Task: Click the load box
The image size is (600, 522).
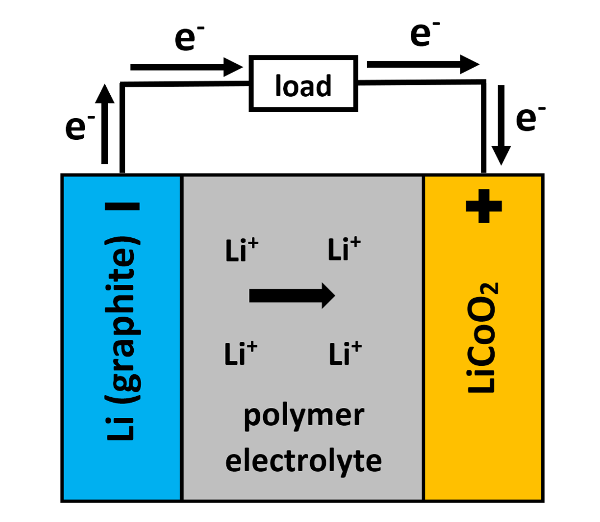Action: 303,82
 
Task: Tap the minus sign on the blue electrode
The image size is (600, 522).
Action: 122,206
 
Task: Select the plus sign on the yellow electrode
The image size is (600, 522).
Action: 484,205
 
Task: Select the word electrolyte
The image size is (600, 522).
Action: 303,460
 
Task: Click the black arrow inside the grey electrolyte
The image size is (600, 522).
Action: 292,295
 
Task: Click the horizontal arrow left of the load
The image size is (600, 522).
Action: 185,67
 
